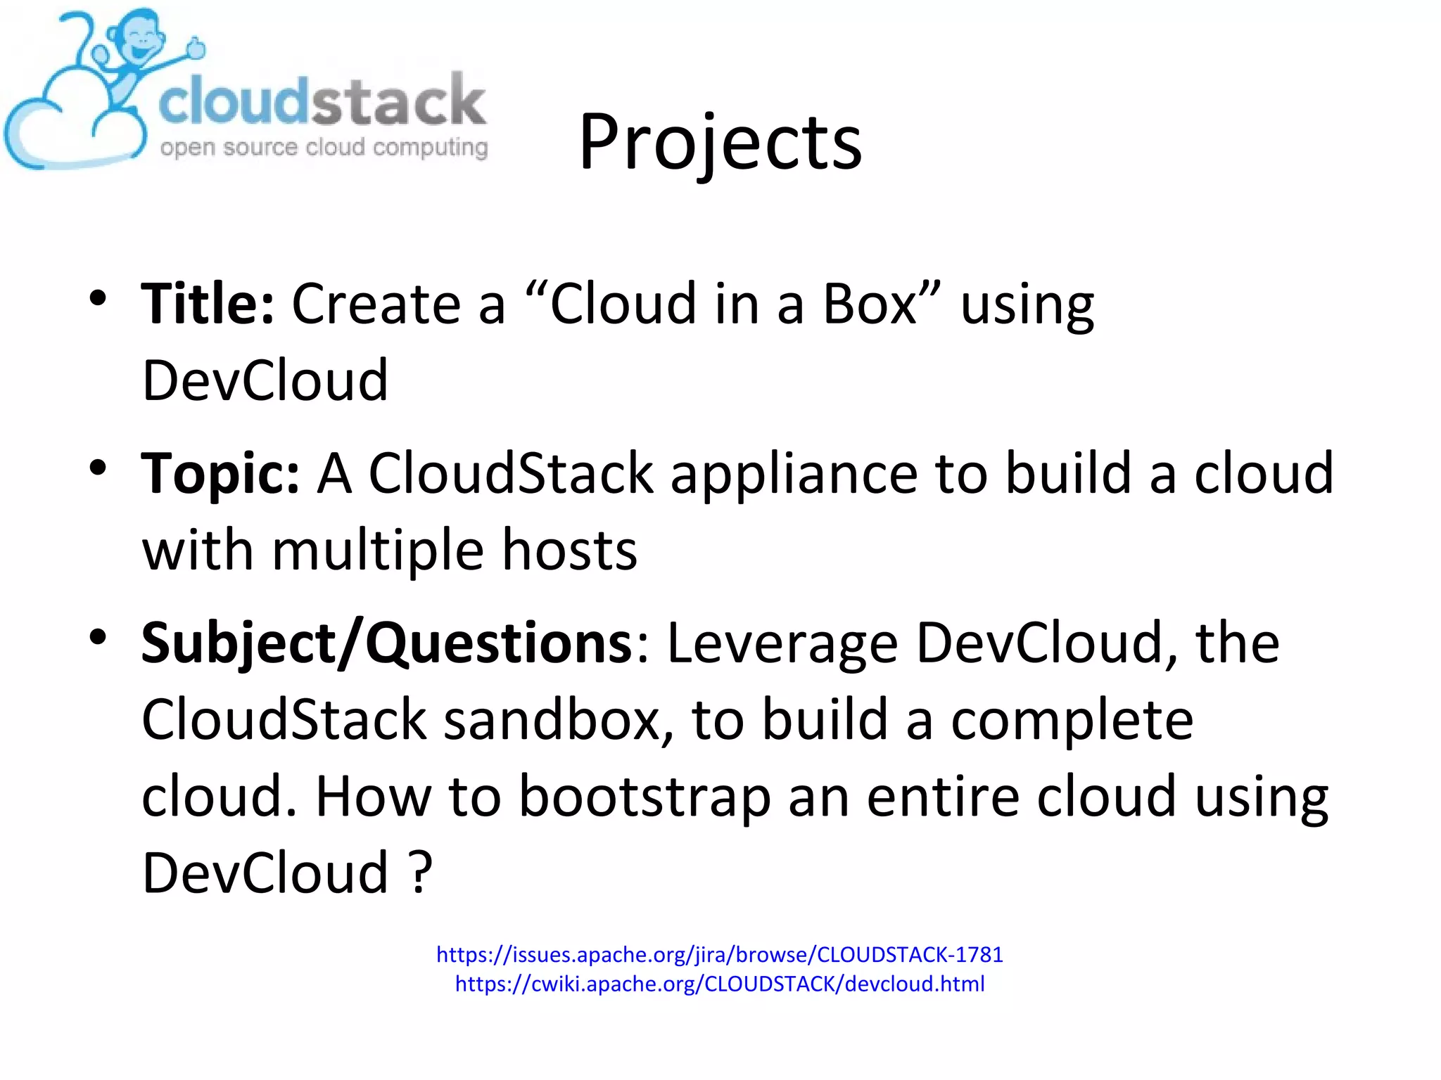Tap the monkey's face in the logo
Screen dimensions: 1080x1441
(x=141, y=42)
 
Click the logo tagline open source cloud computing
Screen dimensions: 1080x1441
(x=324, y=148)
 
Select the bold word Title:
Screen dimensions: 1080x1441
(x=208, y=304)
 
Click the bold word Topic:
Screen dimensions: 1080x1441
(x=220, y=474)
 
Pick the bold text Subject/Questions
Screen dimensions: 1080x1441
(x=387, y=643)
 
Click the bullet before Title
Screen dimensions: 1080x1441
(x=98, y=299)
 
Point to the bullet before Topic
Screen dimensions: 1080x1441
(x=98, y=468)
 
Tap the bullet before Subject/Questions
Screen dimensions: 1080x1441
(x=98, y=638)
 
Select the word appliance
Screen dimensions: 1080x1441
(x=794, y=474)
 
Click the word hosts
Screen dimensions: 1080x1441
(x=569, y=551)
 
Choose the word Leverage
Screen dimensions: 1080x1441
(x=782, y=643)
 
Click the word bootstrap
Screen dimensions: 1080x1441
(x=644, y=797)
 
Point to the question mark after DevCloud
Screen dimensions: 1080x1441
(x=420, y=873)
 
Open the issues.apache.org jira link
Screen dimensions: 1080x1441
(x=719, y=954)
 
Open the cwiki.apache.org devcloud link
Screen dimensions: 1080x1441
(x=719, y=984)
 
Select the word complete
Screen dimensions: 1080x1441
(x=1072, y=720)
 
